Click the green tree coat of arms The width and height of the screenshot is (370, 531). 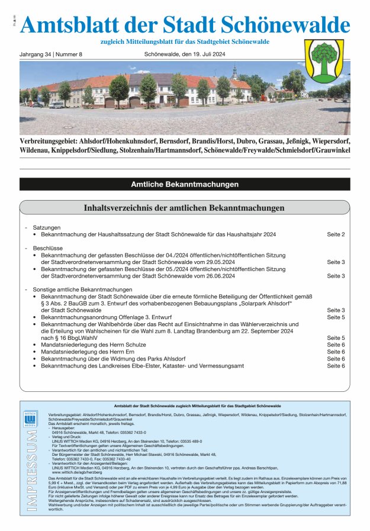(x=324, y=60)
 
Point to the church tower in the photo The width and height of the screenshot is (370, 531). (x=235, y=72)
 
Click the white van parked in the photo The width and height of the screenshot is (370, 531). (x=57, y=104)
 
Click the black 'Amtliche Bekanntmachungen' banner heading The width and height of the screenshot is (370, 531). (x=185, y=185)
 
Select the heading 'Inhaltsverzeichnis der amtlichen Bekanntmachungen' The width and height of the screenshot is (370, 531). (x=185, y=208)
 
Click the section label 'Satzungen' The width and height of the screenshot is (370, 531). (x=47, y=227)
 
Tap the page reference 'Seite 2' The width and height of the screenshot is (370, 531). (x=336, y=235)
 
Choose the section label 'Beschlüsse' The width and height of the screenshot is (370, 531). (x=48, y=248)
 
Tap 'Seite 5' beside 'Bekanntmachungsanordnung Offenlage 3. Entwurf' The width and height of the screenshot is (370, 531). (x=336, y=317)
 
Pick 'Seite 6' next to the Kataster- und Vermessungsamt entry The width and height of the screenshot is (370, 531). (x=336, y=366)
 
